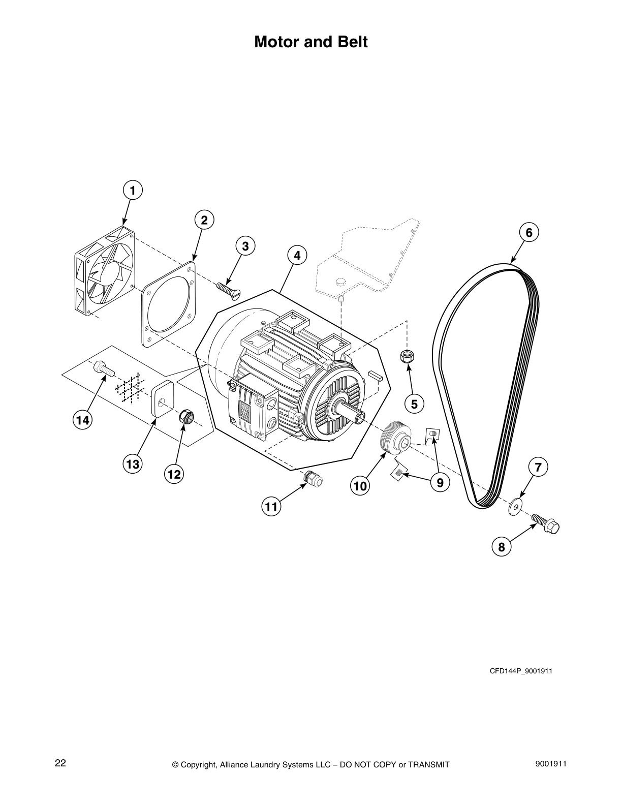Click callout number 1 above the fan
(133, 191)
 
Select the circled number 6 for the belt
(528, 232)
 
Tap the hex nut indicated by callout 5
(406, 356)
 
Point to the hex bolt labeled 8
(547, 523)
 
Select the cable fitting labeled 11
(312, 479)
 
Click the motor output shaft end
(360, 417)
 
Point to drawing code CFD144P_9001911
(520, 671)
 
